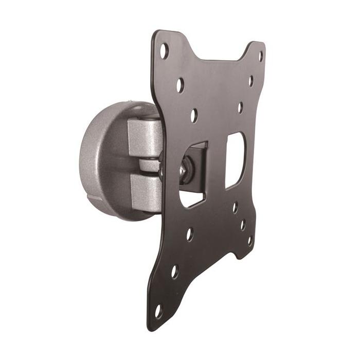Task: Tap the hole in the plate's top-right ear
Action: click(x=260, y=56)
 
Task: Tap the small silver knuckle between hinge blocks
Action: click(x=149, y=165)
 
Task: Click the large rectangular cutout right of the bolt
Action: click(x=235, y=159)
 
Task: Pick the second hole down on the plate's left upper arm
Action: click(x=179, y=85)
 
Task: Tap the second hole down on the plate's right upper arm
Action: click(x=251, y=81)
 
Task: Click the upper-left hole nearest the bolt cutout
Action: click(x=193, y=115)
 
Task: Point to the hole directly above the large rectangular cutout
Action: click(x=240, y=108)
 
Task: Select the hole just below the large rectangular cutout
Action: click(x=235, y=207)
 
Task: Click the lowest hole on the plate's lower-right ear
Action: click(x=250, y=240)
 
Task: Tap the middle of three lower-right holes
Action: click(x=243, y=225)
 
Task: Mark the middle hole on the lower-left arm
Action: click(x=174, y=271)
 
